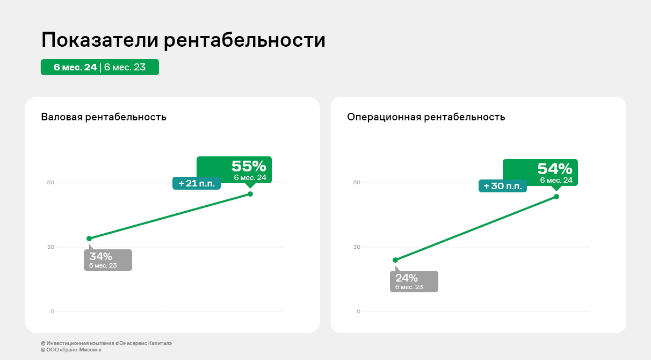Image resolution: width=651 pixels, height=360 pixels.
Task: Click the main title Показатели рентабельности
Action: pyautogui.click(x=183, y=40)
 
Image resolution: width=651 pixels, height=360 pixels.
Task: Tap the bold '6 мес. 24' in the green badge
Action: pyautogui.click(x=75, y=67)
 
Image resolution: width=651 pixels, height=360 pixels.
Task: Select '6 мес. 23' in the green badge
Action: pyautogui.click(x=125, y=67)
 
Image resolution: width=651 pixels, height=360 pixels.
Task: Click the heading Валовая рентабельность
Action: pyautogui.click(x=104, y=117)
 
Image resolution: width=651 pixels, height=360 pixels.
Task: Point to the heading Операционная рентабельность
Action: pyautogui.click(x=426, y=117)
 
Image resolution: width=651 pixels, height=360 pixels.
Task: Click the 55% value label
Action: pyautogui.click(x=249, y=167)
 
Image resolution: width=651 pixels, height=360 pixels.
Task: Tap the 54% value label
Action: pyautogui.click(x=554, y=169)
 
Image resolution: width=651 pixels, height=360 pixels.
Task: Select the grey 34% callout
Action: pyautogui.click(x=108, y=260)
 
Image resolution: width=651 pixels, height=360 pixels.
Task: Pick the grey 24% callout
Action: pyautogui.click(x=414, y=281)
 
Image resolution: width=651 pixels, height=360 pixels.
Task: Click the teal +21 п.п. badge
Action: pyautogui.click(x=197, y=183)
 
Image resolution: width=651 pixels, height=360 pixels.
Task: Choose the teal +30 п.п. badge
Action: pyautogui.click(x=503, y=186)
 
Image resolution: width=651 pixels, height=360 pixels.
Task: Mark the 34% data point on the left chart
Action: pyautogui.click(x=89, y=239)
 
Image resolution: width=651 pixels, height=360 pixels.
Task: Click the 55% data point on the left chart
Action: pyautogui.click(x=250, y=194)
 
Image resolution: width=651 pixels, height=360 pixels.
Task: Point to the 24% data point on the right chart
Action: pyautogui.click(x=395, y=260)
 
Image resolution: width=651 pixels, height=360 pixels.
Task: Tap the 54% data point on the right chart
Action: pyautogui.click(x=556, y=197)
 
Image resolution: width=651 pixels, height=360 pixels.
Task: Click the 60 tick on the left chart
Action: pyautogui.click(x=50, y=182)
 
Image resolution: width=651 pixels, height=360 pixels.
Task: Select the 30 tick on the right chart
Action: pyautogui.click(x=357, y=247)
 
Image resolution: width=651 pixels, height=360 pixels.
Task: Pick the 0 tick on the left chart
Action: pyautogui.click(x=52, y=312)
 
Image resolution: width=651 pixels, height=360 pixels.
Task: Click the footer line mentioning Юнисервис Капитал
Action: pyautogui.click(x=106, y=343)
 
